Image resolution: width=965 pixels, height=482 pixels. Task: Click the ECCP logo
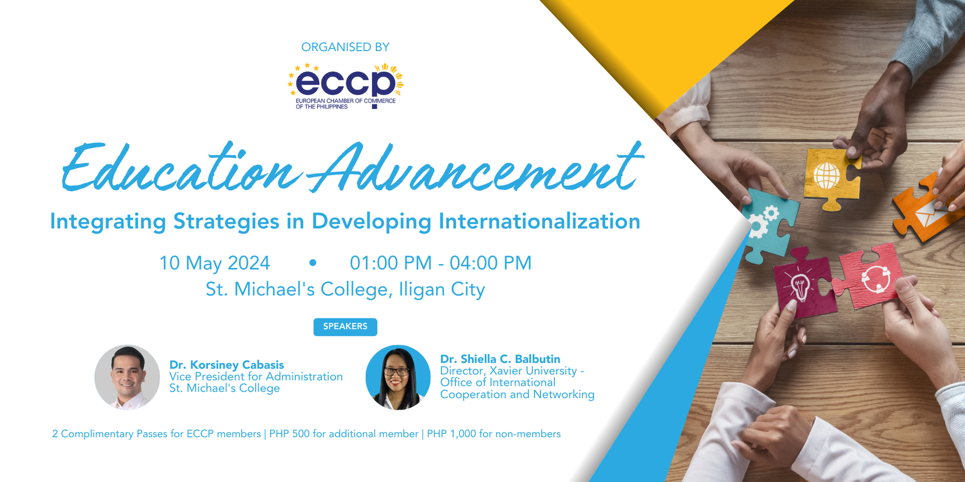pyautogui.click(x=346, y=86)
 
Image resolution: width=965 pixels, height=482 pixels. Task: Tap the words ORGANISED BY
pyautogui.click(x=345, y=47)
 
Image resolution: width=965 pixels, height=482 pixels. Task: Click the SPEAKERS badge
pyautogui.click(x=345, y=327)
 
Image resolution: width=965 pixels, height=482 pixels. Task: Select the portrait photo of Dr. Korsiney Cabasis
pyautogui.click(x=127, y=377)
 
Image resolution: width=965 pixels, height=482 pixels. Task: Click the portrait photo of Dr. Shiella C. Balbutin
pyautogui.click(x=398, y=377)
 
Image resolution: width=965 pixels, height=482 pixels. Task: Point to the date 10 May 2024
pyautogui.click(x=215, y=263)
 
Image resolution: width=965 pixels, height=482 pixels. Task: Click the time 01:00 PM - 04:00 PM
pyautogui.click(x=440, y=263)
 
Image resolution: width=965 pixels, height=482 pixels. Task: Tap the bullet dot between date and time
pyautogui.click(x=313, y=263)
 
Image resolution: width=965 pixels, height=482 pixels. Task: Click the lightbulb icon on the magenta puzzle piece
pyautogui.click(x=800, y=287)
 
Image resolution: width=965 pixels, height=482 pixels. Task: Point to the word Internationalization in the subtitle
pyautogui.click(x=539, y=221)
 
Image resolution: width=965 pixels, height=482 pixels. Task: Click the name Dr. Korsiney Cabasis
pyautogui.click(x=227, y=365)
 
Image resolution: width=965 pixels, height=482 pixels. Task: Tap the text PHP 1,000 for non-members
pyautogui.click(x=494, y=434)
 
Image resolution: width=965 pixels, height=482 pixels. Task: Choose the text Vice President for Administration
pyautogui.click(x=256, y=377)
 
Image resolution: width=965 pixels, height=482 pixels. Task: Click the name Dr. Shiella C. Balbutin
pyautogui.click(x=500, y=359)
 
